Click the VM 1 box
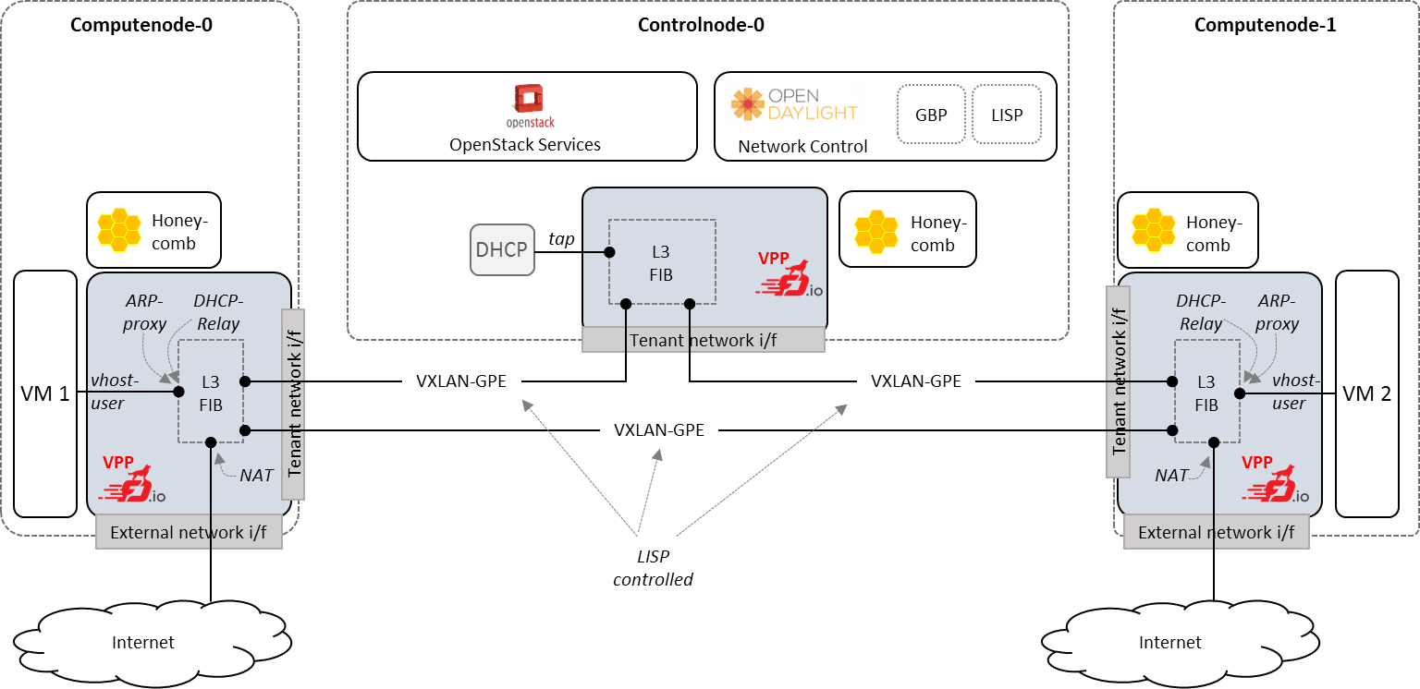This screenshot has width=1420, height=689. pyautogui.click(x=45, y=394)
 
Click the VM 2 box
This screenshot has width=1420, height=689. pyautogui.click(x=1366, y=394)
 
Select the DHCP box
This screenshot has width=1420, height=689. pyautogui.click(x=502, y=249)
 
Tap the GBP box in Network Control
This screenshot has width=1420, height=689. pyautogui.click(x=931, y=115)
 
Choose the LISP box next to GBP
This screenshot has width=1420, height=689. pyautogui.click(x=1007, y=115)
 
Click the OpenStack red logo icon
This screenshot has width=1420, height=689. pyautogui.click(x=529, y=99)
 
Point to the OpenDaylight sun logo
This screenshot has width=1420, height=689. pyautogui.click(x=748, y=104)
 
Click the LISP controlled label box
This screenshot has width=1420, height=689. pyautogui.click(x=653, y=567)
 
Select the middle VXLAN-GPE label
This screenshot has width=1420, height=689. pyautogui.click(x=658, y=430)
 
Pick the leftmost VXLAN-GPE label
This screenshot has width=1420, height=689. pyautogui.click(x=460, y=381)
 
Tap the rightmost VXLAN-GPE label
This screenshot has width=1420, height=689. pyautogui.click(x=915, y=381)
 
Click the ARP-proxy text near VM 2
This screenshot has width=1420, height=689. pyautogui.click(x=1277, y=312)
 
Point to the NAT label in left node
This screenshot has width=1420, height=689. pyautogui.click(x=256, y=475)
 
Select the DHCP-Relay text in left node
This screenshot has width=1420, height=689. pyautogui.click(x=217, y=312)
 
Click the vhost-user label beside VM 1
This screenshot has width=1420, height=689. pyautogui.click(x=114, y=392)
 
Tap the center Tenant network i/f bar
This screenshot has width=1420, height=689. pyautogui.click(x=703, y=340)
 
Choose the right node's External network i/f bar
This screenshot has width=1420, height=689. pyautogui.click(x=1216, y=533)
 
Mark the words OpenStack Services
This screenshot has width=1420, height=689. pyautogui.click(x=524, y=145)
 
